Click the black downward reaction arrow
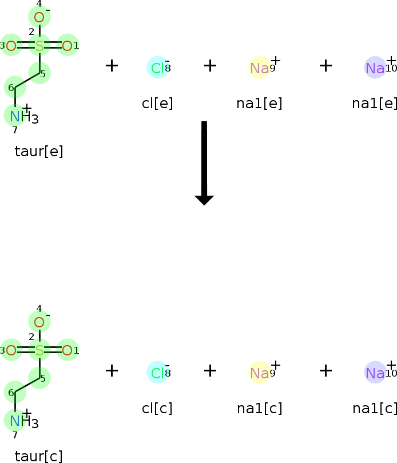(204, 163)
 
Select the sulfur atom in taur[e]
(39, 46)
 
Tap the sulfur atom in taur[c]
(39, 351)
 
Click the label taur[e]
(39, 152)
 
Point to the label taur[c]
(39, 457)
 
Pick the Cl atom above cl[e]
(157, 68)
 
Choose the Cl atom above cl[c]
(157, 373)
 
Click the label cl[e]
(157, 104)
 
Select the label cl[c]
(157, 409)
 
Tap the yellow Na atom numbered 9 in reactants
(260, 68)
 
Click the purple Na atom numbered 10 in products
(375, 373)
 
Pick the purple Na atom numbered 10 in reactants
(375, 68)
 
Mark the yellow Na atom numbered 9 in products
(260, 373)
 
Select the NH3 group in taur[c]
(24, 421)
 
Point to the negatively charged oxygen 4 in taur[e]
(39, 17)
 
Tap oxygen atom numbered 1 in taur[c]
(68, 351)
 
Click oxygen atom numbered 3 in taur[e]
(11, 46)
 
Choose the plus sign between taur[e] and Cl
(112, 66)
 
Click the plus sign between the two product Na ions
(326, 371)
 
